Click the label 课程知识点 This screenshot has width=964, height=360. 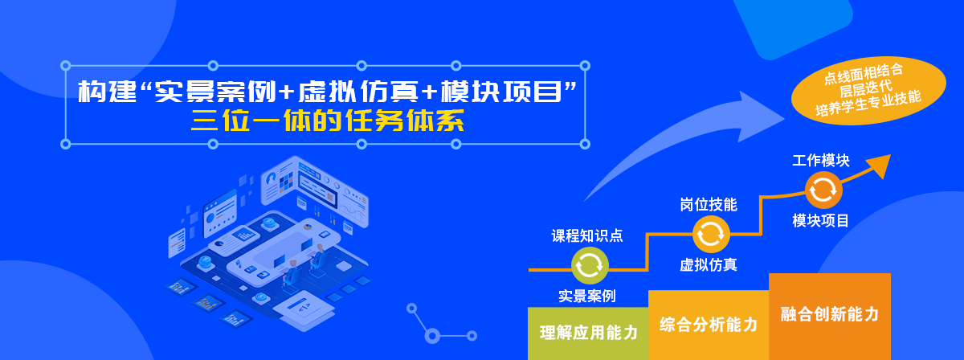click(587, 235)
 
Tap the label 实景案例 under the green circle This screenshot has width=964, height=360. click(587, 296)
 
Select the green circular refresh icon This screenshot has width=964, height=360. click(590, 265)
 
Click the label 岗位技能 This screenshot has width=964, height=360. click(709, 205)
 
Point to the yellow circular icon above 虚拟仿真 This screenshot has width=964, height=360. click(711, 235)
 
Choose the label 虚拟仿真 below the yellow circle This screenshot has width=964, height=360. click(709, 265)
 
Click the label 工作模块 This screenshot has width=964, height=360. click(821, 160)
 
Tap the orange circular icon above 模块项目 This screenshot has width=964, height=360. click(823, 190)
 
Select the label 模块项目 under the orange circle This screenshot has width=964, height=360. click(820, 221)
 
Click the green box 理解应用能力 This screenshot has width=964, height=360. click(588, 333)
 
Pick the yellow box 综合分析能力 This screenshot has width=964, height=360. click(709, 325)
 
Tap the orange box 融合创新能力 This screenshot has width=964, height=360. click(830, 317)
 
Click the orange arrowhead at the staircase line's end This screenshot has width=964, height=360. click(880, 165)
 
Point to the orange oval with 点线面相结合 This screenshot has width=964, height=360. click(868, 91)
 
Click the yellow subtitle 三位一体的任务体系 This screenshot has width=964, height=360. click(328, 121)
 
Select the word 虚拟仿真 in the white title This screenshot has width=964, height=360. click(358, 92)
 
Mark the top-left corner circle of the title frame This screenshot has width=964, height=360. click(65, 66)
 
